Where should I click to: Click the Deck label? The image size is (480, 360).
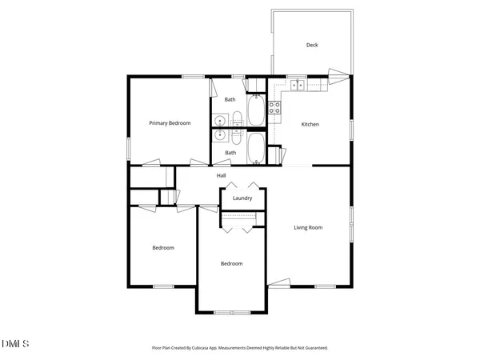tap(312, 45)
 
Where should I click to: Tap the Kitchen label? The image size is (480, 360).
tap(310, 125)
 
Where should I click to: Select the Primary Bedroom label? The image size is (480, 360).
tap(170, 123)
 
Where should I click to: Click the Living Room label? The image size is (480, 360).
tap(308, 228)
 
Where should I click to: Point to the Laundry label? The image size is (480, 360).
tap(242, 198)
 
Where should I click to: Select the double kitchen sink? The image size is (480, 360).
tap(298, 83)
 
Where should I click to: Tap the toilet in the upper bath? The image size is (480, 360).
tap(238, 121)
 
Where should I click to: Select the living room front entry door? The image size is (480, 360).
tap(280, 282)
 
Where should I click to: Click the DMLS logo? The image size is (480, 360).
tap(15, 344)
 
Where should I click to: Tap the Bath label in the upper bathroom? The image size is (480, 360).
tap(230, 100)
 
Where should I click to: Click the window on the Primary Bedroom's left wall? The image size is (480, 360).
tap(129, 147)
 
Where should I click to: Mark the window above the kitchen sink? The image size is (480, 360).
tap(298, 76)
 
